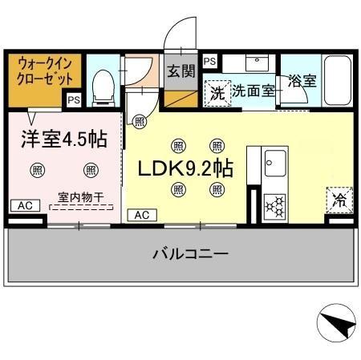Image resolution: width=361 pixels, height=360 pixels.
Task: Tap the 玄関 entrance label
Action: tap(181, 71)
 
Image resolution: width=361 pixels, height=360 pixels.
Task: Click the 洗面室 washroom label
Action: tap(254, 91)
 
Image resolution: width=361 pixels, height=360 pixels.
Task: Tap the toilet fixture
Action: tap(103, 86)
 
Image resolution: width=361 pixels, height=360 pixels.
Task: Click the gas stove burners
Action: tap(275, 206)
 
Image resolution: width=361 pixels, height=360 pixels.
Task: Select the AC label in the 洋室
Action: tap(26, 206)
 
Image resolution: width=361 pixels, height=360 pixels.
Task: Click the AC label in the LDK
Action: tap(141, 215)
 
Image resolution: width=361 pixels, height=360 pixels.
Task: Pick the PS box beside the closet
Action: tap(73, 100)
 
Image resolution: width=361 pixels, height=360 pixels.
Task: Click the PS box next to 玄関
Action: tap(209, 61)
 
